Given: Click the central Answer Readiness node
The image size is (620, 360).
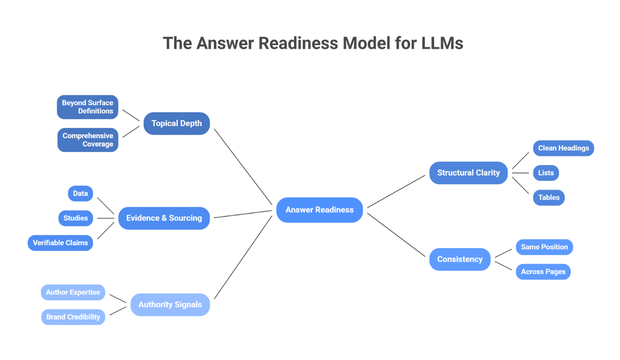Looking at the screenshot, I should pos(319,210).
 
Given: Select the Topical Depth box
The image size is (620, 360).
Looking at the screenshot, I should pos(176,124).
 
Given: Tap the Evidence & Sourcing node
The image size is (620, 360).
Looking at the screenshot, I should pos(164,217).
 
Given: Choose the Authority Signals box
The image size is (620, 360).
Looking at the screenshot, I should pos(170,304).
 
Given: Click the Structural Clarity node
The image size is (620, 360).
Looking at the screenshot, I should pos(468,173).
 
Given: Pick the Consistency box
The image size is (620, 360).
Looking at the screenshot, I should pos(459,259).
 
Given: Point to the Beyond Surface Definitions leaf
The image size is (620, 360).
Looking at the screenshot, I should pos(88,106).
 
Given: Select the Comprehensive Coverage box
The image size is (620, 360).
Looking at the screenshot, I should pos(88,139).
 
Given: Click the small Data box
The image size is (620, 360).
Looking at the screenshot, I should pos(80,193).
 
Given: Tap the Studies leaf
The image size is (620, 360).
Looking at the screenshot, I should pos(76,217).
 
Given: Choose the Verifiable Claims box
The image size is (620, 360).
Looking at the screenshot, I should pos(60,242).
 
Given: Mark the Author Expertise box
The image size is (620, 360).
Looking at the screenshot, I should pos(73,292).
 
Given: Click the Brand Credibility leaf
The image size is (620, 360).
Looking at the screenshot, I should pos(73,317).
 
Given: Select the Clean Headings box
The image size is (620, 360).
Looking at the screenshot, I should pos(562,148).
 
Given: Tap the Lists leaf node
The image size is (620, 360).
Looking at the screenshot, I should pos(545,173).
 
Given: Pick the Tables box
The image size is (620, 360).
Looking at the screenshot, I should pos(548,198).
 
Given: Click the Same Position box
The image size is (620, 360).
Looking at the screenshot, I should pos(544,246).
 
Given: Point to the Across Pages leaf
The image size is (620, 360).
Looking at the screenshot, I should pos(543,271).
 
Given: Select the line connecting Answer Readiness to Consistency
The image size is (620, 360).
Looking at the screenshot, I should pos(398,235).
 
